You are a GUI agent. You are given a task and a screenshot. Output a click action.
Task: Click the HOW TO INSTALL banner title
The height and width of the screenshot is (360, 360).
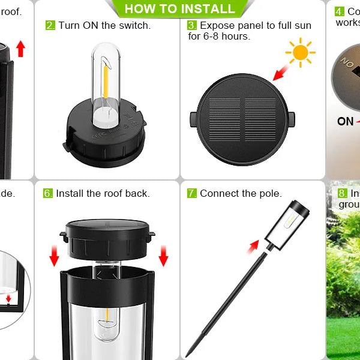179,8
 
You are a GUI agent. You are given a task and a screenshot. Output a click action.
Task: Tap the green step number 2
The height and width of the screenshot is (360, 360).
50,25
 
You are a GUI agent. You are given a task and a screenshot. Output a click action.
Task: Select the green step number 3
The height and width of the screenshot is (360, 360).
192,25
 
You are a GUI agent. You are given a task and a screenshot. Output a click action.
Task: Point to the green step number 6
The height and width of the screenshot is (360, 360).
47,193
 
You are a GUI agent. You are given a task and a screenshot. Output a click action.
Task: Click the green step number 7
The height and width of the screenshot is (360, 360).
192,193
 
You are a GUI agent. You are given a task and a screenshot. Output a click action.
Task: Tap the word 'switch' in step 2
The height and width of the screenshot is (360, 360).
135,25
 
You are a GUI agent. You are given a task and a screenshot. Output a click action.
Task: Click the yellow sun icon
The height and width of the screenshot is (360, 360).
300,53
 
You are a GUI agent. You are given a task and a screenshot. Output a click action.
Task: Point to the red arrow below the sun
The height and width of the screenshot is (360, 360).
280,74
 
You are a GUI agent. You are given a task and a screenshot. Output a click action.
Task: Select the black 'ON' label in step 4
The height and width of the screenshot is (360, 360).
345,122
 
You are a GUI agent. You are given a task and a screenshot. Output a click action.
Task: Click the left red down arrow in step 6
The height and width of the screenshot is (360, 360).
54,256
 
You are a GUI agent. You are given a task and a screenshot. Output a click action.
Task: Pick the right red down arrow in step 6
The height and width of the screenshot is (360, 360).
163,256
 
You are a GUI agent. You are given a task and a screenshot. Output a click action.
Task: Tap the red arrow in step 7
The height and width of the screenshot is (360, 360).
254,245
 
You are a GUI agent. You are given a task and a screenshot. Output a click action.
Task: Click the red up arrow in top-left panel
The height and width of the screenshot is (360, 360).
21,49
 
